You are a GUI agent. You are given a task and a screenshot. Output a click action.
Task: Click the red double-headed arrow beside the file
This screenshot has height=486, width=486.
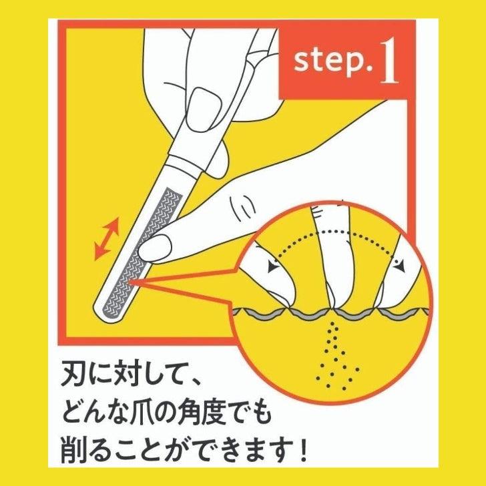click(x=107, y=238)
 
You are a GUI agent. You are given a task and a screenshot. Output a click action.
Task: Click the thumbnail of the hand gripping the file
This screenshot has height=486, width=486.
click(x=202, y=109)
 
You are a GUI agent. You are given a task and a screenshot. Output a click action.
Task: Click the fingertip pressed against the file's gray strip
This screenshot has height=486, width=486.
click(x=154, y=248)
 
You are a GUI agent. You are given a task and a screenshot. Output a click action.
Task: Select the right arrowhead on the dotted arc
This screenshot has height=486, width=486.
click(x=400, y=266)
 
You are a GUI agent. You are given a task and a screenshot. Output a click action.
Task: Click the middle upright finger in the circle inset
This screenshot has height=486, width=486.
click(x=332, y=254)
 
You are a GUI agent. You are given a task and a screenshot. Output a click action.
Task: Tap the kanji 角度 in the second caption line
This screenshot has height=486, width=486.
click(x=198, y=413)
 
